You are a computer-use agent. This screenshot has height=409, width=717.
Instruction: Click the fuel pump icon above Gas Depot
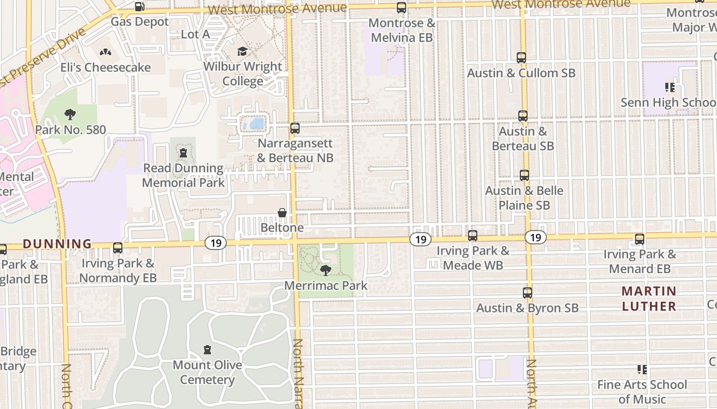(x=139, y=7)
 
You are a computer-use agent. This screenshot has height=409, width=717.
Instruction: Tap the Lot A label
(x=196, y=34)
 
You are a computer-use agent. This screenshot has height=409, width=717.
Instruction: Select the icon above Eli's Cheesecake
(x=106, y=53)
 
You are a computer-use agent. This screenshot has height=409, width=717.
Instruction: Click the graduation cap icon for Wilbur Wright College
(x=242, y=52)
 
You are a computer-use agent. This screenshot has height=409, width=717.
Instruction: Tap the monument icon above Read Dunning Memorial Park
(x=183, y=152)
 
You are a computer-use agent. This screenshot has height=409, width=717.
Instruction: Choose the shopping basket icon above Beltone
(x=282, y=213)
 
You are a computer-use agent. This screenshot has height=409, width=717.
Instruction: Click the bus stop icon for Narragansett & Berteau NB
(x=295, y=128)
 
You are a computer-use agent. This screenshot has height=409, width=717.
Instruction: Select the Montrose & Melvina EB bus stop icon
(x=402, y=8)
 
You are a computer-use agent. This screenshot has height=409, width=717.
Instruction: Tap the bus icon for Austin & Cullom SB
(x=521, y=58)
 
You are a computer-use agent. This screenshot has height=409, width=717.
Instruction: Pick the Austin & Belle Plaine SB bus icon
(x=524, y=175)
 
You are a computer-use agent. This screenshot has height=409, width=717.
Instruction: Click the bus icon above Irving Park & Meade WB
(x=473, y=236)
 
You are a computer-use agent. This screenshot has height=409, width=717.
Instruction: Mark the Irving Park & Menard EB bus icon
(x=640, y=239)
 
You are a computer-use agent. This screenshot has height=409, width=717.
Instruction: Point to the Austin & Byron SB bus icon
(x=528, y=293)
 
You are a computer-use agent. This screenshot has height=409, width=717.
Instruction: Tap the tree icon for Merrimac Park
(x=325, y=270)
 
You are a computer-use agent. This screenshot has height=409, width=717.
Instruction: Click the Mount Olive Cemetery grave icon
(x=207, y=350)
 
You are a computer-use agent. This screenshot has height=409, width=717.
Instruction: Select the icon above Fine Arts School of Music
(x=642, y=369)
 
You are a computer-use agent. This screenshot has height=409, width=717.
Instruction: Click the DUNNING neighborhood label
(x=57, y=244)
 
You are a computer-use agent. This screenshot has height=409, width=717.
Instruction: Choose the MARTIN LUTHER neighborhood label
(x=649, y=299)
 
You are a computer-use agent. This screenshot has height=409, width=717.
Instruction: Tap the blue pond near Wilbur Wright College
(x=254, y=124)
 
